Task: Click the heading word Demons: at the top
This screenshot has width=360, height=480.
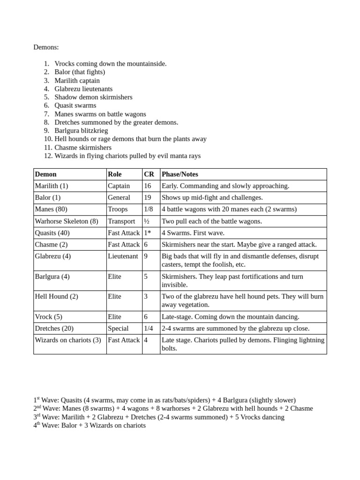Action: click(46, 47)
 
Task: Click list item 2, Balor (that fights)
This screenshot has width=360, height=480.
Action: click(79, 72)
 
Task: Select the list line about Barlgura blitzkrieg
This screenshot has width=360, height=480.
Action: click(81, 131)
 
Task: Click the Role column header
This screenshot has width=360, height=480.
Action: click(115, 174)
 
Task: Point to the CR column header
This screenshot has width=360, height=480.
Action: click(149, 174)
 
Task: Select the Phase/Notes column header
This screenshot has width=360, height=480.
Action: click(180, 174)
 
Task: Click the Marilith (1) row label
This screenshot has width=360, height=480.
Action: click(52, 186)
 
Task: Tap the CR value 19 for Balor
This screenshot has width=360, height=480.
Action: click(148, 198)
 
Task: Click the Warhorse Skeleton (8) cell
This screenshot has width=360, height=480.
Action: click(67, 221)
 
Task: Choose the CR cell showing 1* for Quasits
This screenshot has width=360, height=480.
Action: click(148, 233)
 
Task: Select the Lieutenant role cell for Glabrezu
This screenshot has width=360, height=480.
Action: click(123, 256)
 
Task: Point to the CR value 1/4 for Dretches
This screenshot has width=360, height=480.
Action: click(149, 329)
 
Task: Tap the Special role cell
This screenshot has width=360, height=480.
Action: click(118, 329)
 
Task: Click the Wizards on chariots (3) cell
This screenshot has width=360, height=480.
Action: click(68, 340)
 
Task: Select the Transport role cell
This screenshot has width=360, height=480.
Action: click(121, 221)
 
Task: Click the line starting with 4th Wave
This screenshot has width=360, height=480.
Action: click(90, 426)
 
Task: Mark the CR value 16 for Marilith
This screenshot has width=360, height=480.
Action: click(148, 186)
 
